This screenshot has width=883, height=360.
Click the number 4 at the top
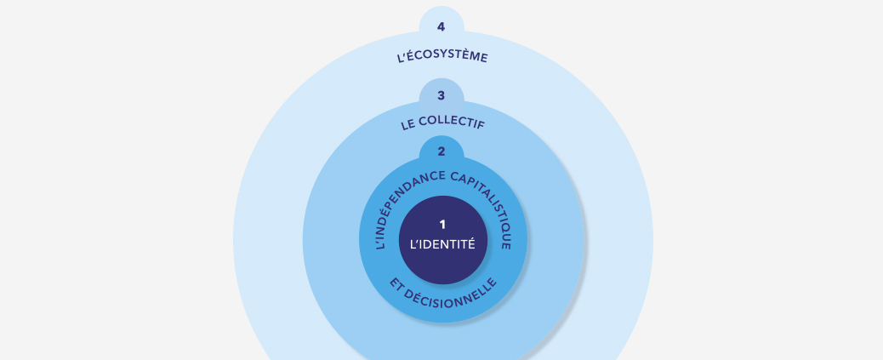[441, 27]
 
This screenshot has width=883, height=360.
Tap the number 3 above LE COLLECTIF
[441, 96]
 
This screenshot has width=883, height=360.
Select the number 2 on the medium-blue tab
[441, 151]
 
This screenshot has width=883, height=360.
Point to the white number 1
[442, 225]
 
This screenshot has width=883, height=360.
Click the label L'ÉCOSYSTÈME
[442, 56]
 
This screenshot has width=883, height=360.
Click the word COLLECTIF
[453, 123]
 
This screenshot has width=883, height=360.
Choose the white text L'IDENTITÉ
[442, 244]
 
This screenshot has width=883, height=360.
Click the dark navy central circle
[443, 240]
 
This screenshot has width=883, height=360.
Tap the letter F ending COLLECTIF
[481, 126]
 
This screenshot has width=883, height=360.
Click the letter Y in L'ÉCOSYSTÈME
[444, 54]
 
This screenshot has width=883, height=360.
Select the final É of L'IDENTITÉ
[471, 243]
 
